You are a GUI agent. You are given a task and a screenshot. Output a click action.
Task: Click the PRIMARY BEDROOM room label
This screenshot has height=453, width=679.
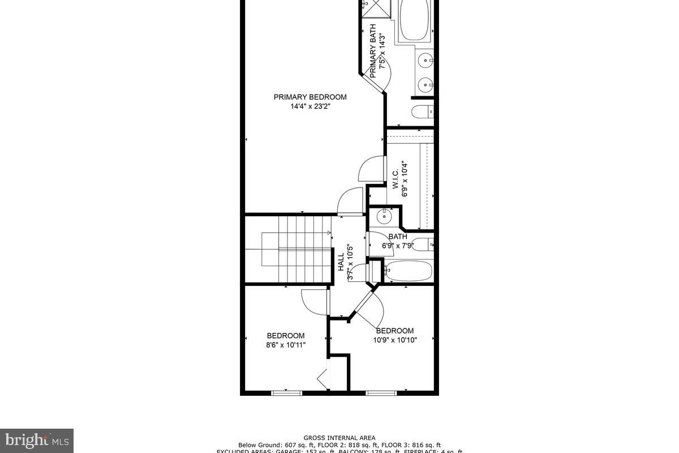[x=310, y=97]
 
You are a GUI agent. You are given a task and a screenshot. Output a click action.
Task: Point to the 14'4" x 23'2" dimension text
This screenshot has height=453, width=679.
[x=310, y=106]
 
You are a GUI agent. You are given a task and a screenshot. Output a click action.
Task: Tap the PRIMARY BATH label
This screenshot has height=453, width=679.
[x=373, y=51]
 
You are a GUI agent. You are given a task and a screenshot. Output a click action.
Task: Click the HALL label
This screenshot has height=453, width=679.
[x=341, y=262]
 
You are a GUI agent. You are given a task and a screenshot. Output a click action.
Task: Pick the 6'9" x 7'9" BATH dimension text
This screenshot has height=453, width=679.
[x=398, y=246]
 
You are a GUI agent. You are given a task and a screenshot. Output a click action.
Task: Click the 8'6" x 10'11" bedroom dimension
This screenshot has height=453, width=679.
[x=286, y=345]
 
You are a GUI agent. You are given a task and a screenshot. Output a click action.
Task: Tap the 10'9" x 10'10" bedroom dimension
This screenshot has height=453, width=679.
[x=395, y=340]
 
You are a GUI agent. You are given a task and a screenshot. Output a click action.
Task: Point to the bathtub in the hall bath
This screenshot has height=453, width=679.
[x=408, y=271]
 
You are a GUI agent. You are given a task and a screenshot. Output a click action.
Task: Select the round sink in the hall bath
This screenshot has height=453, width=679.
[x=384, y=215]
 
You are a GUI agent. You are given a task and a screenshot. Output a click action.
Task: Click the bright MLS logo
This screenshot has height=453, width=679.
[x=37, y=440]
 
